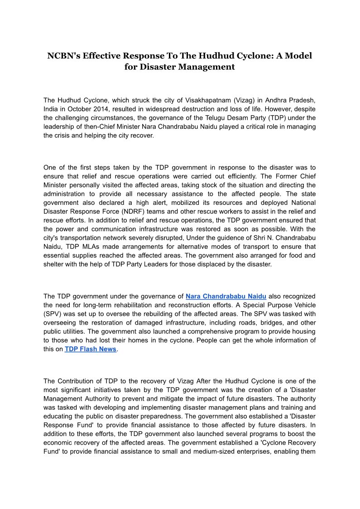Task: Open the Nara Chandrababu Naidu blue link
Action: (x=226, y=296)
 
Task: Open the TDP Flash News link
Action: (x=91, y=349)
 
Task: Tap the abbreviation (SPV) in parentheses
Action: (x=53, y=314)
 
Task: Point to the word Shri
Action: (x=243, y=238)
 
